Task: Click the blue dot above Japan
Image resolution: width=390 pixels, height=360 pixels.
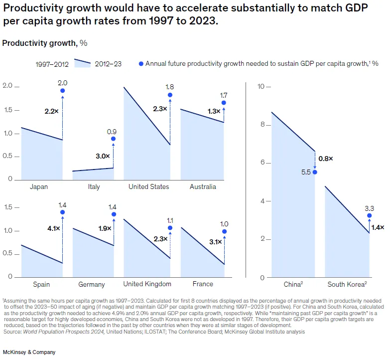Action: [x=62, y=91]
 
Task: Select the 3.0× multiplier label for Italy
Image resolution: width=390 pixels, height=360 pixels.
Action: [x=103, y=156]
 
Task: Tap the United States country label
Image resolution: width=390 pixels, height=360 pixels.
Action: [x=148, y=187]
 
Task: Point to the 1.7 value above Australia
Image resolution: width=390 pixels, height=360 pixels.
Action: [x=223, y=95]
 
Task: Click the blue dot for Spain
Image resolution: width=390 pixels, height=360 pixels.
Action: [x=62, y=212]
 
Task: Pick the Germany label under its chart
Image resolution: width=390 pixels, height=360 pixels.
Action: [x=92, y=284]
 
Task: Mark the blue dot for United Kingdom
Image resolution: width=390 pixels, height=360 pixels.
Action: [x=170, y=228]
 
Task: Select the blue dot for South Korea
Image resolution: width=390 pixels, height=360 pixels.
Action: [x=369, y=216]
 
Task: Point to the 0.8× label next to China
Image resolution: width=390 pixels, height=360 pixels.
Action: [x=326, y=158]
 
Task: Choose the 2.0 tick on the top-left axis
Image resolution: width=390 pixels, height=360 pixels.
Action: [x=7, y=86]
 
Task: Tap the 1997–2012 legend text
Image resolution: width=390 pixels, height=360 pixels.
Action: [x=52, y=64]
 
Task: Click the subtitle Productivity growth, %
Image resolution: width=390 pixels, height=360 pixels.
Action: [x=45, y=43]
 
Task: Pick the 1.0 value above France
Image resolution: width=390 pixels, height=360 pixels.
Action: [x=224, y=224]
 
